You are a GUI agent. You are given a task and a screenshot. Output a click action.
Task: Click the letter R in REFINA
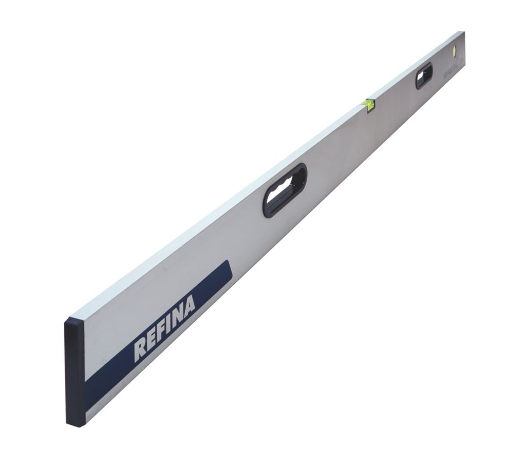pos(140,350)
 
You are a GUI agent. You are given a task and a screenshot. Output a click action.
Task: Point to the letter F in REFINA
pos(161,331)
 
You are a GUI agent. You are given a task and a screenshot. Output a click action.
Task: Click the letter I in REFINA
pos(170,324)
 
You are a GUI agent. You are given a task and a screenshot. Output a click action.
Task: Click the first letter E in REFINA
pos(151,340)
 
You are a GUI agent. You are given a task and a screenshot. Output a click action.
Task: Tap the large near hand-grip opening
pos(285,191)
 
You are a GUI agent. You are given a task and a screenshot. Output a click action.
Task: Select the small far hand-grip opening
pos(424,75)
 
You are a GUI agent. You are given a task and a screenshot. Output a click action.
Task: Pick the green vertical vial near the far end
pos(454,51)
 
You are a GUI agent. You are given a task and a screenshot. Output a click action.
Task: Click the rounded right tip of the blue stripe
pos(228,272)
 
